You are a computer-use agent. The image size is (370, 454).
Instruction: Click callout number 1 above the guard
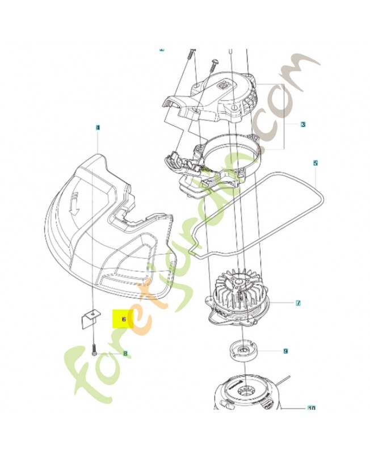pyautogui.click(x=97, y=128)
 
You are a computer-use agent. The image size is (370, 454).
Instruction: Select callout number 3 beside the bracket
pyautogui.click(x=303, y=124)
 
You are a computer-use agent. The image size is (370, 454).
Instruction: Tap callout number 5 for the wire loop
pyautogui.click(x=316, y=163)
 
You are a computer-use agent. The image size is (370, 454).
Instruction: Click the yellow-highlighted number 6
pyautogui.click(x=123, y=320)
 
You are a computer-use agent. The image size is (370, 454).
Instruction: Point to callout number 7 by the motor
pyautogui.click(x=298, y=304)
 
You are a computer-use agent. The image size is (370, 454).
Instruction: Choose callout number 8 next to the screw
pyautogui.click(x=125, y=353)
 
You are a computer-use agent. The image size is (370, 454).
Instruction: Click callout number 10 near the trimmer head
pyautogui.click(x=311, y=407)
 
